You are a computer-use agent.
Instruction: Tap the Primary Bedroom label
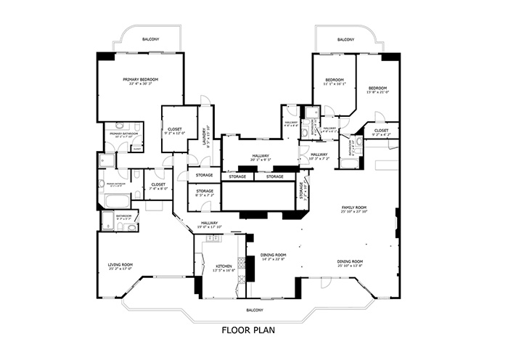point(140,81)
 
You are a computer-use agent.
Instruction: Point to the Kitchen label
point(224,268)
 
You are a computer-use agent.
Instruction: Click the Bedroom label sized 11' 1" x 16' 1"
point(334,81)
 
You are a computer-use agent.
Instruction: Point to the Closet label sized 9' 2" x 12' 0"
point(175,131)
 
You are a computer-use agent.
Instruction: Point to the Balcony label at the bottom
point(253,308)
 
